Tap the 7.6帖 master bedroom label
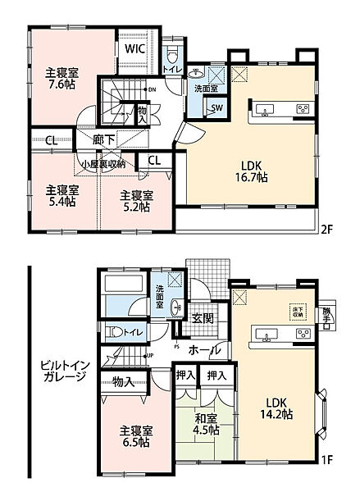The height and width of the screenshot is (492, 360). coord(62,77)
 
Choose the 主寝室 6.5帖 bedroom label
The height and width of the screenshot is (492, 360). coord(121,435)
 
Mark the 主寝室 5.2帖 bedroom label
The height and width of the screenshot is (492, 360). coord(136,201)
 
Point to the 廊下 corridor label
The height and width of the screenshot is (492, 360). coord(103,140)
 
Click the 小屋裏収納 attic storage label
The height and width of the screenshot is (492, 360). coord(103,164)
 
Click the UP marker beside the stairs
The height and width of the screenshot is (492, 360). coord(148,356)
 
